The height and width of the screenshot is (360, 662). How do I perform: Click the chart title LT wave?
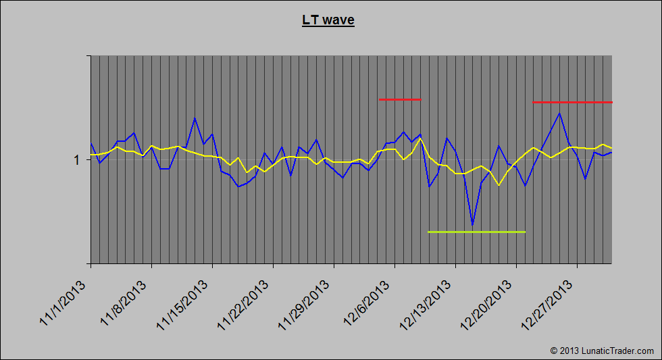pyautogui.click(x=328, y=20)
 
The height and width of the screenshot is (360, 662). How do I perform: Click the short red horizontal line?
pyautogui.click(x=400, y=99)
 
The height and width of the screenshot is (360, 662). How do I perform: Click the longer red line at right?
pyautogui.click(x=572, y=102)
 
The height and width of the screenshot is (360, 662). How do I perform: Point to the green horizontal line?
pyautogui.click(x=476, y=232)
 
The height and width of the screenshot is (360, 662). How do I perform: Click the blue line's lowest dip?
pyautogui.click(x=472, y=225)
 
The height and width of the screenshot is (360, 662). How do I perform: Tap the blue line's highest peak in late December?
pyautogui.click(x=559, y=113)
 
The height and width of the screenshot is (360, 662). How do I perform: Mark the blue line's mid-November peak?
pyautogui.click(x=195, y=118)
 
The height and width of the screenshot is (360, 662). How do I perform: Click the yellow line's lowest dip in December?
pyautogui.click(x=499, y=185)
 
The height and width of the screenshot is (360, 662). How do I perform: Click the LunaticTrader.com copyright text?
pyautogui.click(x=602, y=351)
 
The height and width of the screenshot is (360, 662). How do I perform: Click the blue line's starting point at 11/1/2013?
pyautogui.click(x=91, y=143)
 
